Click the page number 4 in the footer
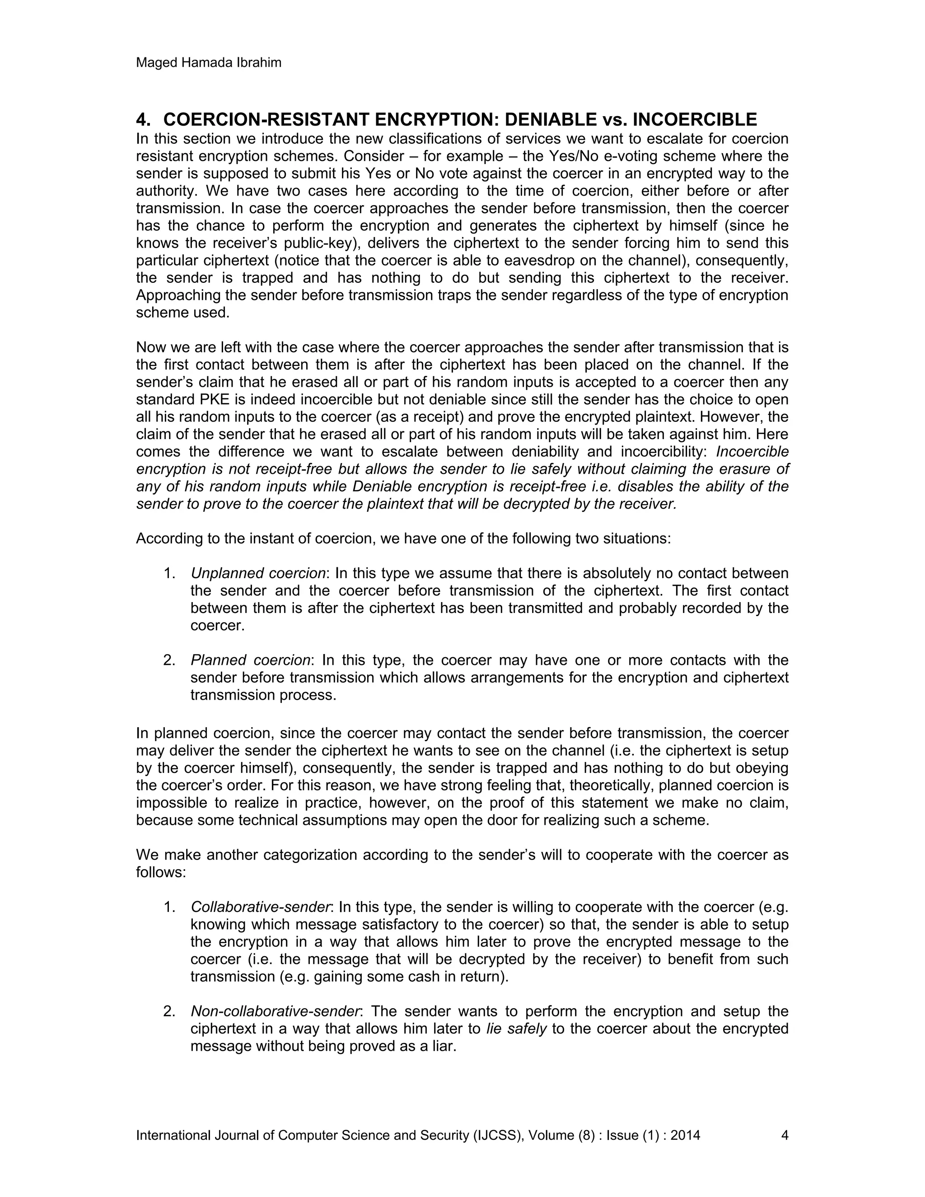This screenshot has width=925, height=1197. [x=784, y=1135]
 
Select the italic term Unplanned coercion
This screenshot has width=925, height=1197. [x=258, y=573]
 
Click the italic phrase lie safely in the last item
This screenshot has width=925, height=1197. [x=516, y=1029]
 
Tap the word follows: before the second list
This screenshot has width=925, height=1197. [x=161, y=872]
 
